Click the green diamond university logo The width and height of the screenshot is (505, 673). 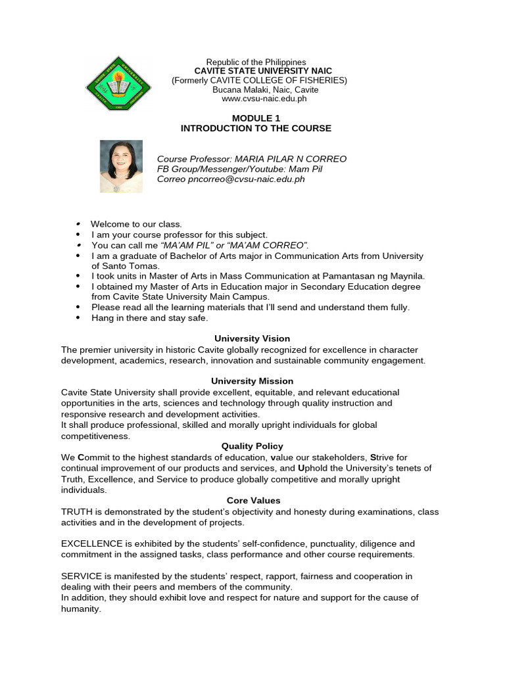pyautogui.click(x=118, y=83)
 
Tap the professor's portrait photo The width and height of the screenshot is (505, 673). pyautogui.click(x=121, y=166)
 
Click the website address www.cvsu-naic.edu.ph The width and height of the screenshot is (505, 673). pyautogui.click(x=255, y=99)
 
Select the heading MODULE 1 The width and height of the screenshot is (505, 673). pyautogui.click(x=256, y=118)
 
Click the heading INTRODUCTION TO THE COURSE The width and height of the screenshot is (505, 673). pyautogui.click(x=256, y=128)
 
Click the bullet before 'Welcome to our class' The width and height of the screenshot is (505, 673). pyautogui.click(x=78, y=224)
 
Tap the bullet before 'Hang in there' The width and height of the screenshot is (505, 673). pyautogui.click(x=78, y=318)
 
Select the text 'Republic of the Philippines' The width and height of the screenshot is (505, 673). pyautogui.click(x=256, y=62)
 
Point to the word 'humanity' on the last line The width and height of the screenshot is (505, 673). pyautogui.click(x=80, y=609)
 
